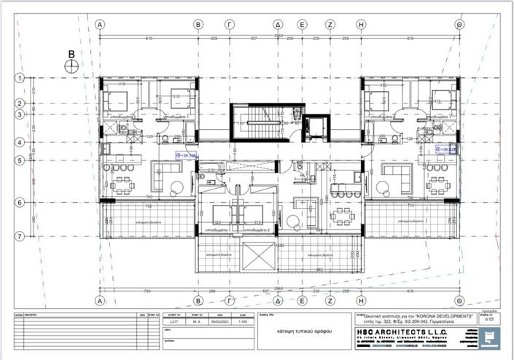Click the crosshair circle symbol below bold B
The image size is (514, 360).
(71, 66)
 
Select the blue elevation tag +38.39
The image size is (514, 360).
(187, 155)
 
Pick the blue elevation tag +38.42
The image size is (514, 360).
(445, 149)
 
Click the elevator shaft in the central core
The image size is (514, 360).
(314, 128)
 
